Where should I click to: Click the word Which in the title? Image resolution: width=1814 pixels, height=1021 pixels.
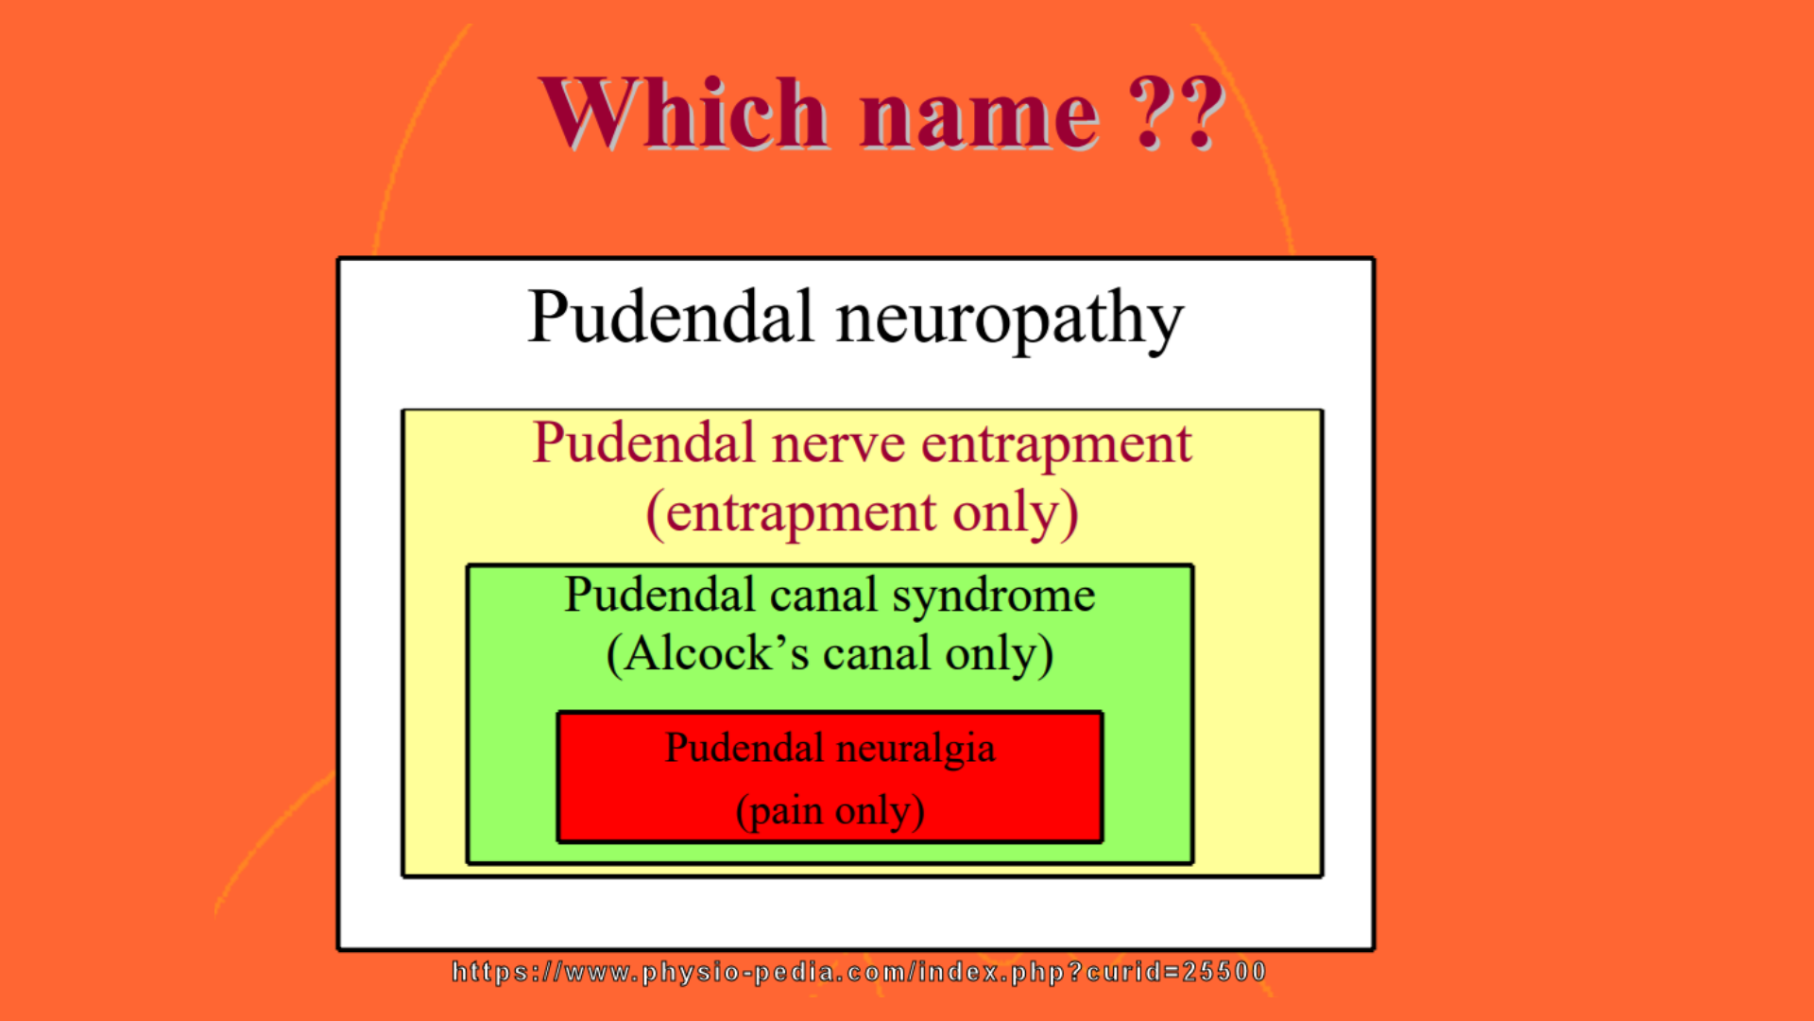pos(684,113)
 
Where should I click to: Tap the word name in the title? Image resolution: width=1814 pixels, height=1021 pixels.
pos(980,119)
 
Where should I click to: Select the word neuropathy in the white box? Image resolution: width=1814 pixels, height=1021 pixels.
pos(1009,320)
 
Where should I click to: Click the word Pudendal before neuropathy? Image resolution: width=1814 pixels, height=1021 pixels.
pos(671,316)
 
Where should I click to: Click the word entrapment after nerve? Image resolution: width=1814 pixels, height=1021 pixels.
pos(1056,445)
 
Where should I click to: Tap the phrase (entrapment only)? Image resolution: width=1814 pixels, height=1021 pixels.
pos(862,514)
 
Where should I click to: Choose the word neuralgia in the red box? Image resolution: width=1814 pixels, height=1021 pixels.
pos(916,751)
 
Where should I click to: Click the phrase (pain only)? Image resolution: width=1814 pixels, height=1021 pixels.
pos(830,811)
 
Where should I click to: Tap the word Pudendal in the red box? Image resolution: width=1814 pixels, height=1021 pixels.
pos(744,748)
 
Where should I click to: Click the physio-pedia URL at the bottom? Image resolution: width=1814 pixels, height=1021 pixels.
pos(859,972)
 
